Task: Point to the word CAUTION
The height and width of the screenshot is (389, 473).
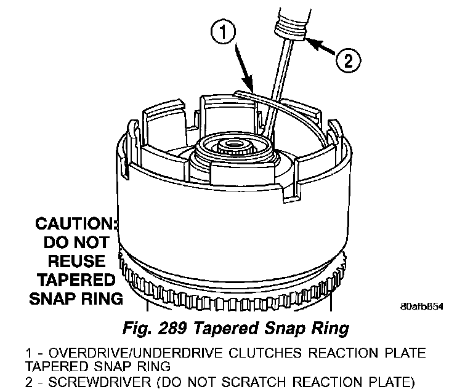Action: pos(76,223)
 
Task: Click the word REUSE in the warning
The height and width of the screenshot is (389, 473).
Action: pos(76,261)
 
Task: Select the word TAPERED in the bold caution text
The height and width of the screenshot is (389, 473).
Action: pos(76,280)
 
